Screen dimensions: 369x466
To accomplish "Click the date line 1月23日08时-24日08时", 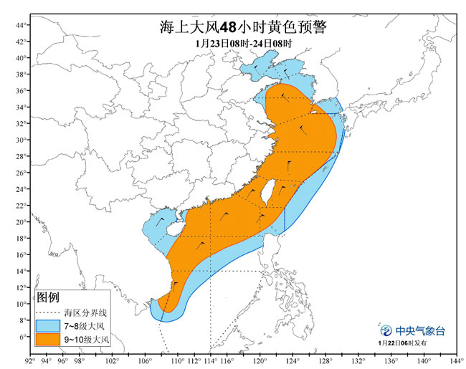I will click(x=243, y=43).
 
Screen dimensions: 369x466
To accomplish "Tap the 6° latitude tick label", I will click(x=23, y=337).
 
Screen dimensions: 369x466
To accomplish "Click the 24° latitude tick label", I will click(x=22, y=189).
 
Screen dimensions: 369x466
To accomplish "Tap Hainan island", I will click(x=173, y=231).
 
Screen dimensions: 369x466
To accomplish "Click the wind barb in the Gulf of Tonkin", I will click(x=161, y=221).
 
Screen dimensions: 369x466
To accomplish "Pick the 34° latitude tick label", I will click(x=22, y=107).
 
